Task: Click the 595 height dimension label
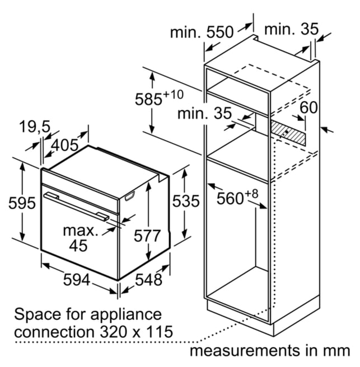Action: coord(22,203)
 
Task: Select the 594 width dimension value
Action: coord(77,280)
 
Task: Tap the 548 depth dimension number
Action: coord(149,280)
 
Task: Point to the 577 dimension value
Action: coord(147,236)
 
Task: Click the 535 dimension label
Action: coord(186,201)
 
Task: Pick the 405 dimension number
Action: coord(64,145)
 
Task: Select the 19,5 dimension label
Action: coord(35,126)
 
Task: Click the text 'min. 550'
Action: coord(202,32)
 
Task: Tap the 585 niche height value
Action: coord(148,99)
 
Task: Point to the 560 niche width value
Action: coord(230,199)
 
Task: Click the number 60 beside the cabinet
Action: coord(308,107)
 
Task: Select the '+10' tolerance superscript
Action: coord(173,95)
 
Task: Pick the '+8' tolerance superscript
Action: coord(251,194)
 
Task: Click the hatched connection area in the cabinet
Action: coord(288,133)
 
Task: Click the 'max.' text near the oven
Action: coord(81,231)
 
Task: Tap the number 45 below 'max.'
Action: coord(78,245)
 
